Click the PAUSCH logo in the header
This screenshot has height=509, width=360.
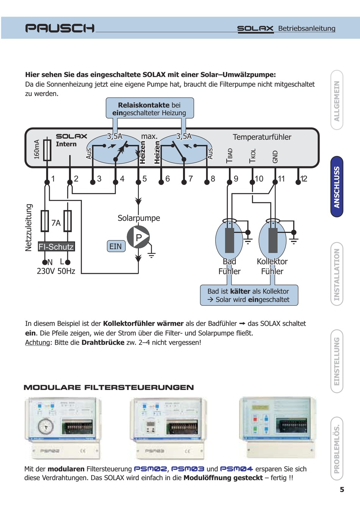(x=59, y=28)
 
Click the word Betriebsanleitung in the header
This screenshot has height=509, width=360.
(x=307, y=28)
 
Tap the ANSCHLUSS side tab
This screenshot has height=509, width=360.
(x=337, y=187)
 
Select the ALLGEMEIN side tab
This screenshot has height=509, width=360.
(x=337, y=101)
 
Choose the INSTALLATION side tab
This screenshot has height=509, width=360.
(x=337, y=274)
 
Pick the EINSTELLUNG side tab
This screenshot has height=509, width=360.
(x=337, y=361)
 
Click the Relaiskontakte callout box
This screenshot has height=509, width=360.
(x=150, y=109)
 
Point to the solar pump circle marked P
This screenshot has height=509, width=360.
(x=138, y=237)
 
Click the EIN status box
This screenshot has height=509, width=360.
(x=116, y=247)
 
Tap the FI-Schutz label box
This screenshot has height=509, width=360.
(x=56, y=247)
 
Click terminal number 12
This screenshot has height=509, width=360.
(x=304, y=179)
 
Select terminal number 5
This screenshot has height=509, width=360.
(x=144, y=179)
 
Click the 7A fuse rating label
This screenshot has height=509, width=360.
(x=56, y=223)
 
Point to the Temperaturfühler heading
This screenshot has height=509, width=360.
(x=262, y=137)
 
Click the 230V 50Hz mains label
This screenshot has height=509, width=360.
(x=56, y=271)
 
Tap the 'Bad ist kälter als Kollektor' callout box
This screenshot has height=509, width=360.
(x=249, y=295)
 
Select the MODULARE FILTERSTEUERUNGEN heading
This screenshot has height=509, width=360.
(x=109, y=388)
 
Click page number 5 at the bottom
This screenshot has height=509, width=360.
(x=342, y=490)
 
